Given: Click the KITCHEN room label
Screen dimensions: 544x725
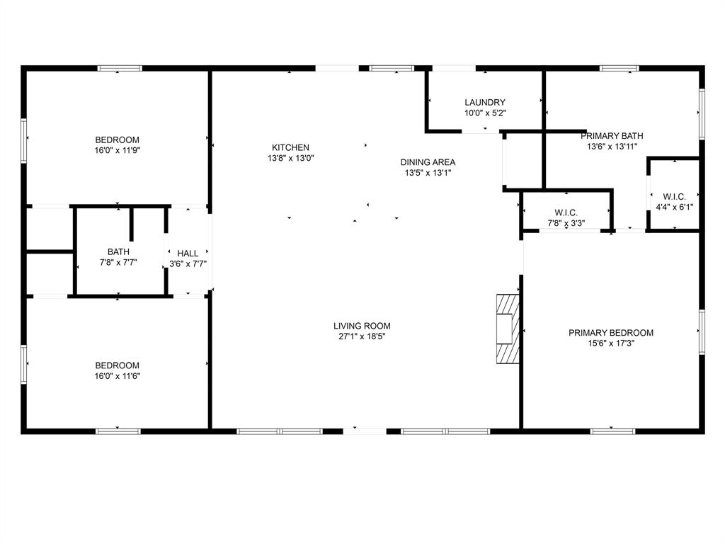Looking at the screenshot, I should tap(290, 147).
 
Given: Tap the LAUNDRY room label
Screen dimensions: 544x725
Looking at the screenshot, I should tap(485, 102).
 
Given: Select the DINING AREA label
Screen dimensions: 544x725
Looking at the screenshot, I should tap(428, 162).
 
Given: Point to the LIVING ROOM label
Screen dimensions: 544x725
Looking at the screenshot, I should tap(362, 326).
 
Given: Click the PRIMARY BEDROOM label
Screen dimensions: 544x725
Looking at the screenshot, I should tap(611, 332).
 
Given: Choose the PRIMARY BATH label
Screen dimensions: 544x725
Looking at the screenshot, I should tap(612, 136).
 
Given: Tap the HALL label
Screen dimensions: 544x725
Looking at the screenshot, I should tap(188, 253).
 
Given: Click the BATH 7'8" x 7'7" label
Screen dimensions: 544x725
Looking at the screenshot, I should tap(118, 251).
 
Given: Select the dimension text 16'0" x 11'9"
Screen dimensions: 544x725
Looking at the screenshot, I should tap(118, 150).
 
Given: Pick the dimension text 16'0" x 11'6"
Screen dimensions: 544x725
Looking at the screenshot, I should tap(118, 376).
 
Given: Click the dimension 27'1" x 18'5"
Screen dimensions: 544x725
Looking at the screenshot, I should tap(362, 336).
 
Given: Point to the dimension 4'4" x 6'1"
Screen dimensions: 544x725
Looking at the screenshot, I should tap(673, 207).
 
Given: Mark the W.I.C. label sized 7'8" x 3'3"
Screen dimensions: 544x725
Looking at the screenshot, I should tap(566, 212).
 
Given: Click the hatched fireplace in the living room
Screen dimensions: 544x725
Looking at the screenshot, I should tap(508, 328).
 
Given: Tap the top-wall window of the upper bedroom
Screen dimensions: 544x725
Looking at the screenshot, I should tap(120, 69).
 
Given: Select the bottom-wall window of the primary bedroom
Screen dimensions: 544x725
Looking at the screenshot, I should tap(612, 430).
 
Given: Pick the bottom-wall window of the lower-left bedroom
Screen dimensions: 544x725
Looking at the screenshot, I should tap(118, 430).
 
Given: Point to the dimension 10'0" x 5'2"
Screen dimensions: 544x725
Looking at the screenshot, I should tap(485, 113).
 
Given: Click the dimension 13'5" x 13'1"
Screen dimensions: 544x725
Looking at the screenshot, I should tap(428, 173).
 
